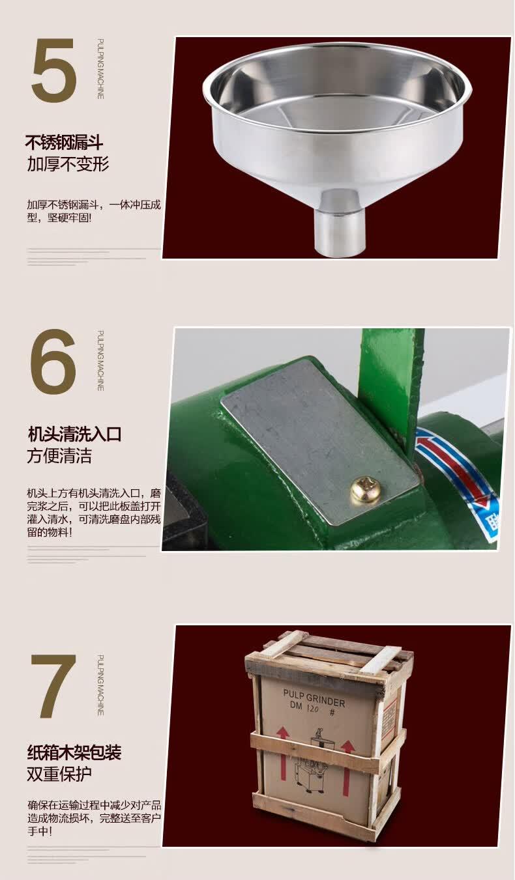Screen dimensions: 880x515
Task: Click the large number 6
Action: tap(53, 362)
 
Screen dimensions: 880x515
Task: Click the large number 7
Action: tap(54, 685)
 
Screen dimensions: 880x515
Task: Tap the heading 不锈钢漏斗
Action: tap(64, 142)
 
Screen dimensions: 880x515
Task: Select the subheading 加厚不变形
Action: tap(68, 163)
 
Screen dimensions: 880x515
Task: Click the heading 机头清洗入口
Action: tap(74, 434)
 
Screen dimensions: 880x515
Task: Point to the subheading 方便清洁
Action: tap(59, 455)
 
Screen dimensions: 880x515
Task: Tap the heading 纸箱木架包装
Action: tap(74, 752)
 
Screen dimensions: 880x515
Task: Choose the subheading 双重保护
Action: tap(59, 774)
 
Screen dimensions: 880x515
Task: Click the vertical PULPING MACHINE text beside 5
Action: tap(100, 69)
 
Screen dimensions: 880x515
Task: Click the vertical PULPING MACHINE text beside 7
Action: tap(100, 685)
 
